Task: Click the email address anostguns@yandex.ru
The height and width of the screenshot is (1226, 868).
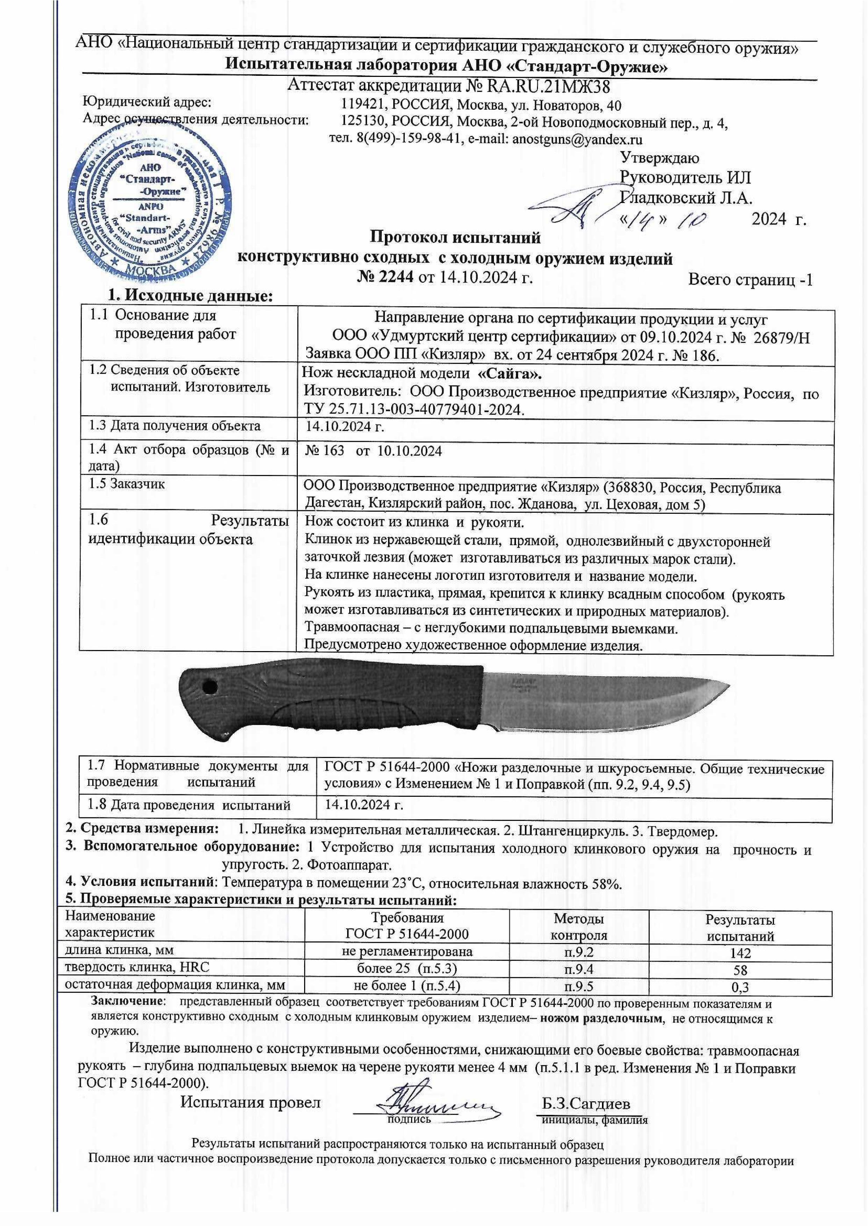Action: (577, 140)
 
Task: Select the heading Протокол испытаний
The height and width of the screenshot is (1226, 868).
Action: (455, 237)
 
